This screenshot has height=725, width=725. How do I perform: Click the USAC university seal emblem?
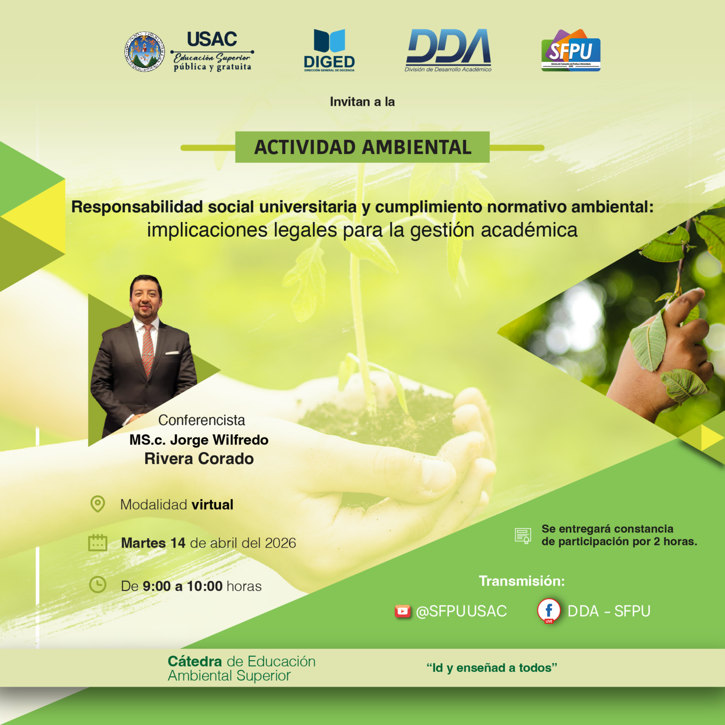click(144, 51)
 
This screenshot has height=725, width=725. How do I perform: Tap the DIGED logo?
click(329, 50)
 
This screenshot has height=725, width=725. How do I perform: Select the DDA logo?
click(448, 50)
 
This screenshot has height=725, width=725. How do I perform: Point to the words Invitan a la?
click(362, 102)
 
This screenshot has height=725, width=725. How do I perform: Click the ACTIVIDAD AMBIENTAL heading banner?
click(362, 147)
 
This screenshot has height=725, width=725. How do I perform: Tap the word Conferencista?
click(202, 420)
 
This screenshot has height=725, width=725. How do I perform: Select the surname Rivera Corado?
click(199, 459)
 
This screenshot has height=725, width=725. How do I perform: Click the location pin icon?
click(98, 504)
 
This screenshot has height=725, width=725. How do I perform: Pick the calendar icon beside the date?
click(98, 543)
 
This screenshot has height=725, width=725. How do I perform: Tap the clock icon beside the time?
click(98, 585)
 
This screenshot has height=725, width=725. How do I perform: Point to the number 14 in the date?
click(178, 543)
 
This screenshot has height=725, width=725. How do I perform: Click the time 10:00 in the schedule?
click(204, 586)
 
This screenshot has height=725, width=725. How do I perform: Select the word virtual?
click(212, 505)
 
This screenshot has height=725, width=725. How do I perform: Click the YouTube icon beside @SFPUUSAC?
click(403, 611)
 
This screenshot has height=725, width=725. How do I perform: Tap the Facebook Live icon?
click(548, 611)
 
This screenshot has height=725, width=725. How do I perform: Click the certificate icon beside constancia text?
click(523, 536)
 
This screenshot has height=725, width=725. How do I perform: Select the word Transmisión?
click(522, 581)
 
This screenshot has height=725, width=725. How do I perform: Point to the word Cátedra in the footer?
click(194, 661)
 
